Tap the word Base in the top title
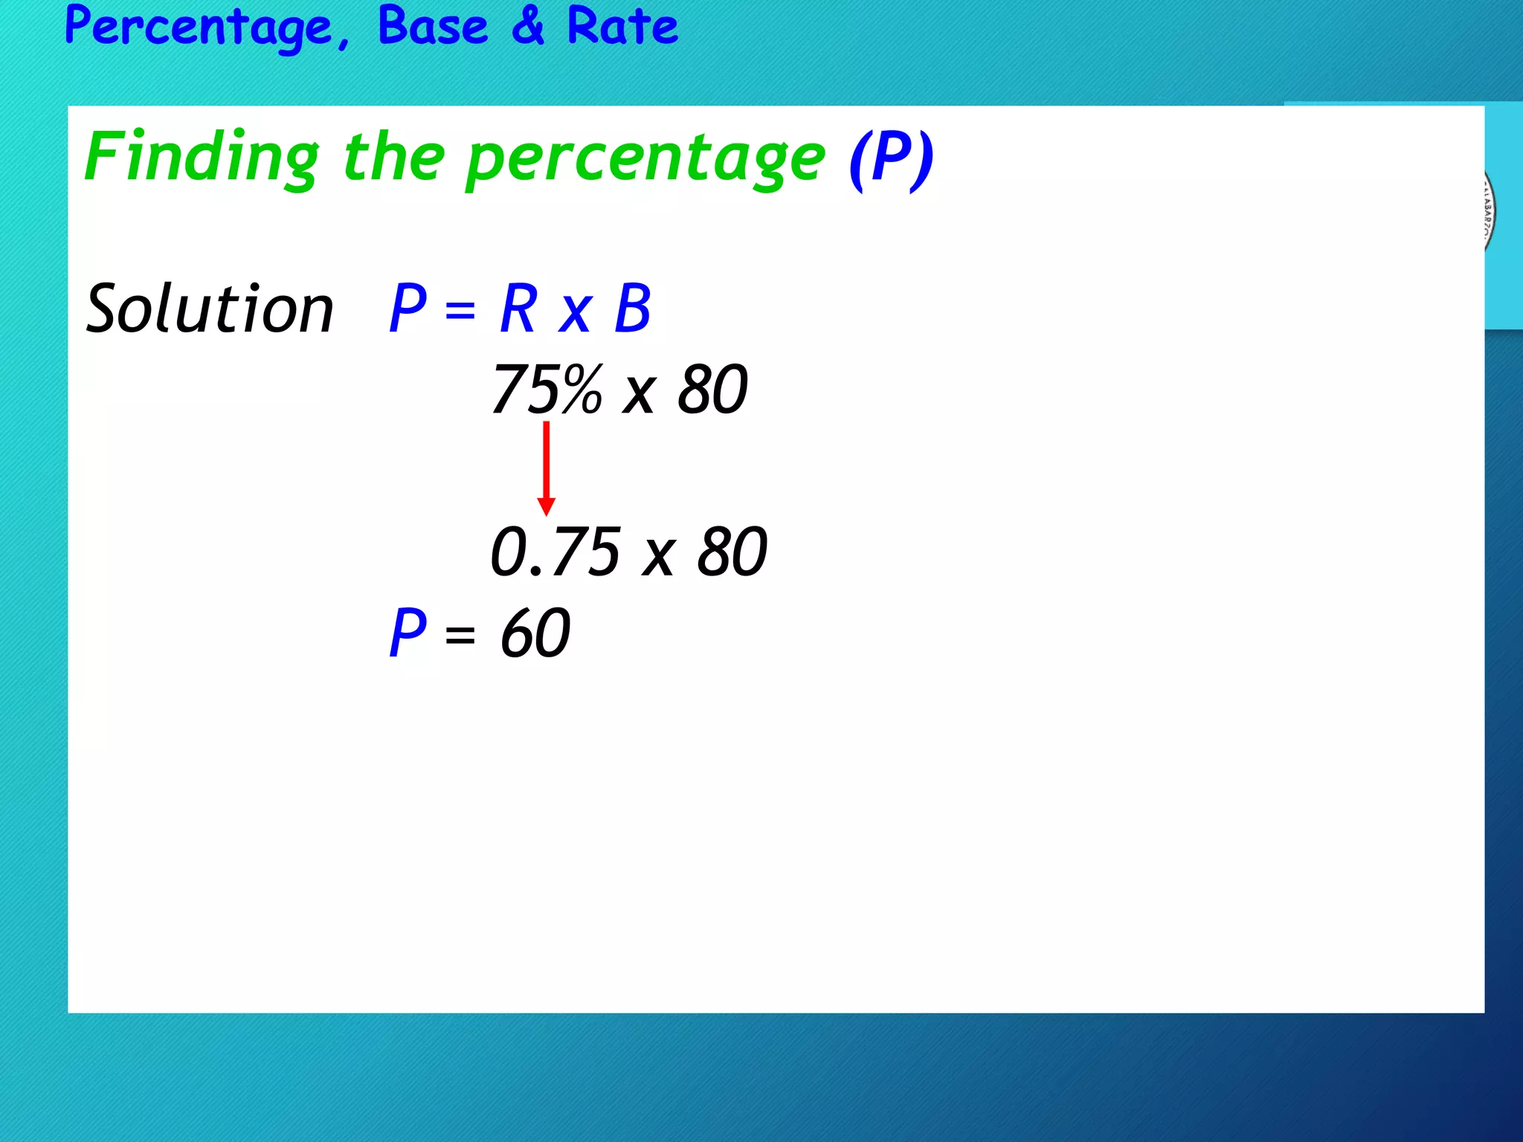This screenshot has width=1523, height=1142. click(433, 27)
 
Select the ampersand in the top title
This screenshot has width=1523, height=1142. click(529, 27)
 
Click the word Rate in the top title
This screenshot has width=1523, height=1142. click(622, 27)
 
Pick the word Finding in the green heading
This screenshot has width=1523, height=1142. click(202, 158)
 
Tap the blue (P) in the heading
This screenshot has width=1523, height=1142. click(891, 158)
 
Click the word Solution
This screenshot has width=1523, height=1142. click(210, 309)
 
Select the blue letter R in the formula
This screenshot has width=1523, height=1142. click(518, 309)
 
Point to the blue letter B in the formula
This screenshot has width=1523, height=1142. click(633, 309)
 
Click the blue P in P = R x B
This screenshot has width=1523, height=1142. click(408, 309)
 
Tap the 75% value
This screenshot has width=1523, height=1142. click(547, 390)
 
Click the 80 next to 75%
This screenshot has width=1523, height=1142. click(712, 390)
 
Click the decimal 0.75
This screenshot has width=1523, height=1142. click(556, 552)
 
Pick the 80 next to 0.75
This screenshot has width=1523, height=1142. click(732, 552)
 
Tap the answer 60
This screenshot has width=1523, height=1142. click(535, 633)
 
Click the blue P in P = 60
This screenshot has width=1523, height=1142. click(408, 633)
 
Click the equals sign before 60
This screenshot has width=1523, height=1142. click(460, 636)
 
